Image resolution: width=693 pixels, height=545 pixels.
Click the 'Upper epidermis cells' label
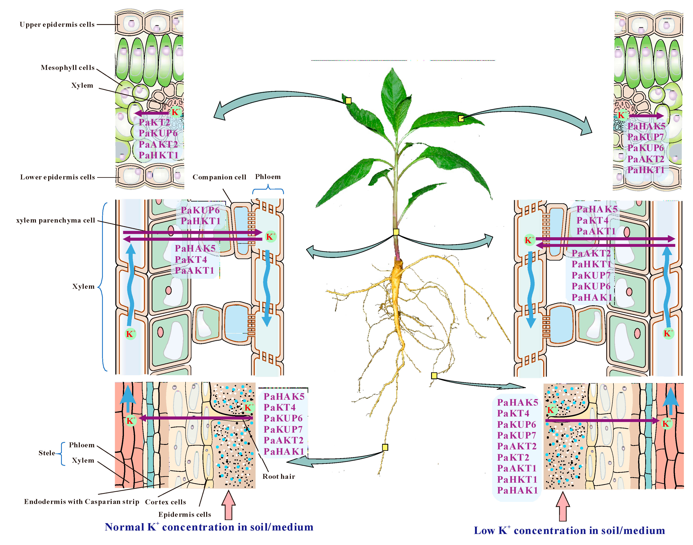click(x=57, y=25)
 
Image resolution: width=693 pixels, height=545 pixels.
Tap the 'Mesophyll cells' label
click(x=68, y=68)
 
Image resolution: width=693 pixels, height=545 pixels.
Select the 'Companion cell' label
click(x=219, y=177)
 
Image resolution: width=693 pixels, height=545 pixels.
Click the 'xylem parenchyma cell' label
click(x=56, y=220)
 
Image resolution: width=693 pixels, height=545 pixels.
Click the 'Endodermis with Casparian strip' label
click(x=82, y=502)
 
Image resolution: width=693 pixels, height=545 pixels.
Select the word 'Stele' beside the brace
click(x=47, y=453)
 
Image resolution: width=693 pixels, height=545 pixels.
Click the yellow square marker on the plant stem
click(x=396, y=232)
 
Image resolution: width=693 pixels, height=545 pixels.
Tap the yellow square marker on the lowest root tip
click(x=385, y=447)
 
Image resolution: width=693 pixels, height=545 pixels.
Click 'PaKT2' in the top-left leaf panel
click(x=154, y=123)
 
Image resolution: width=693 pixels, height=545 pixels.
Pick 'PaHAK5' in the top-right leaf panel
click(x=646, y=126)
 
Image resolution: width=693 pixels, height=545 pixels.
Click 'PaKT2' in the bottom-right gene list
click(x=513, y=457)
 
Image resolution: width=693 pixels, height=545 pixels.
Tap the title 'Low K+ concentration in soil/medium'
click(x=569, y=531)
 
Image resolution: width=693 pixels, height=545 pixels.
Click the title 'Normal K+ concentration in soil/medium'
click(x=209, y=527)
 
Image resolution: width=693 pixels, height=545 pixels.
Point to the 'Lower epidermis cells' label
click(x=57, y=177)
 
